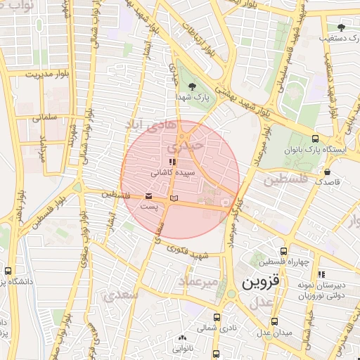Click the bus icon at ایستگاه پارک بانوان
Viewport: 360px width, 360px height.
click(314, 139)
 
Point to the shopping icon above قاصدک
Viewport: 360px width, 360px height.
click(327, 171)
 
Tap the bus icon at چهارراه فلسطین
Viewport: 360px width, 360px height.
click(283, 251)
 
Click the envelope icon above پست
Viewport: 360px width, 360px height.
click(148, 197)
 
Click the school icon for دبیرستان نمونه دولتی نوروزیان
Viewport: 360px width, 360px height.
click(322, 274)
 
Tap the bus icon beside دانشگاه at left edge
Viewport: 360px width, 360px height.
click(8, 271)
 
